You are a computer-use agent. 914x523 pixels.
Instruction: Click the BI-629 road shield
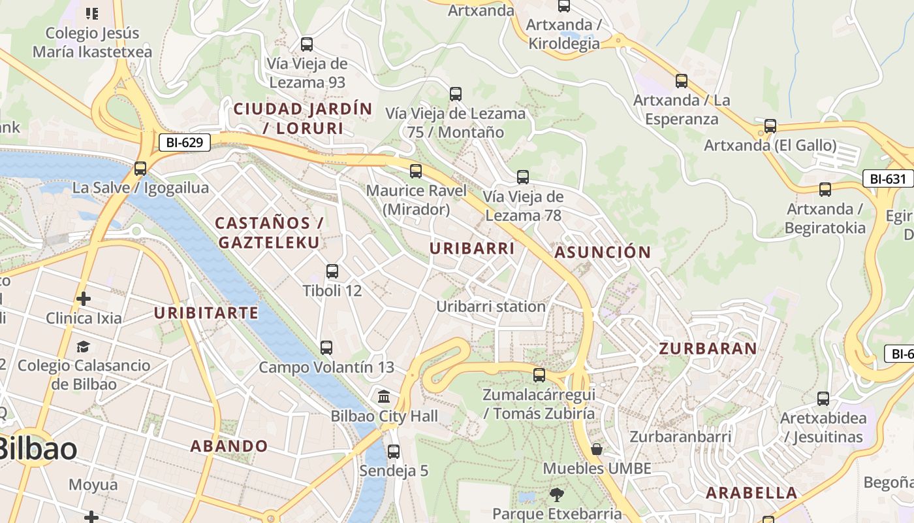[x=185, y=142]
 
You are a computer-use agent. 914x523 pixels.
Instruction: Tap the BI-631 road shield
[x=887, y=178]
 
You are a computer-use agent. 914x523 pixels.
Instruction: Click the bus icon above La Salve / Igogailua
[x=140, y=169]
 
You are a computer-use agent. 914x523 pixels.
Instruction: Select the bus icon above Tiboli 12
[x=332, y=271]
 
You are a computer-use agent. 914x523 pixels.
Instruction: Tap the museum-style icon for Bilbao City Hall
[x=384, y=397]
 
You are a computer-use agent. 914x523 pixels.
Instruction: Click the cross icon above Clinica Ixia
[x=84, y=299]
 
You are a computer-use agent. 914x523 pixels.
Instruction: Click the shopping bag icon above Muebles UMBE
[x=597, y=449]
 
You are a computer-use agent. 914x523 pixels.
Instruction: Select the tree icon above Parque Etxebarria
[x=556, y=494]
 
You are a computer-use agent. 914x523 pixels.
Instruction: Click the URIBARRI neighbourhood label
[x=472, y=248]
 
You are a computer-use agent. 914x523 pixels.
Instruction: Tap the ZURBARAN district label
[x=708, y=348]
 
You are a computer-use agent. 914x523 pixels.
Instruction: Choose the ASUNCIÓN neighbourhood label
[x=603, y=252]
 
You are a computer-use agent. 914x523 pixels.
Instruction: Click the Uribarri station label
[x=491, y=306]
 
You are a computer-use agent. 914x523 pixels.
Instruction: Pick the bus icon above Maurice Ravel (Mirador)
[x=416, y=171]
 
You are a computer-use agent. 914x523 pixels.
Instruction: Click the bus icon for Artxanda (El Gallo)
[x=770, y=126]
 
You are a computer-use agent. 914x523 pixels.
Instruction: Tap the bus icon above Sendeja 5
[x=394, y=451]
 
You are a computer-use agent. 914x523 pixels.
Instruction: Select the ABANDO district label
[x=229, y=447]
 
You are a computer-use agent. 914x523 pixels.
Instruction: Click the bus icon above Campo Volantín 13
[x=326, y=348]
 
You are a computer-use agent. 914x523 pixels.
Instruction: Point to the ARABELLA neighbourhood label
[x=751, y=493]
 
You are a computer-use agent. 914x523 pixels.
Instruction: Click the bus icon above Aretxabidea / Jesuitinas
[x=823, y=398]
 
